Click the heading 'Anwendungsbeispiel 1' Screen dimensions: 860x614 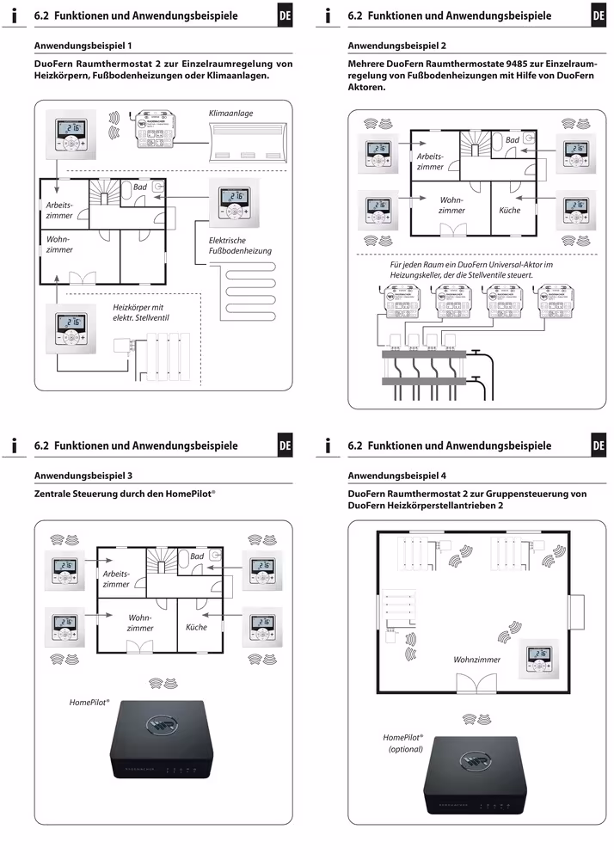[x=83, y=45]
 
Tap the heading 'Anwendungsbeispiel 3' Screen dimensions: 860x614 [x=83, y=475]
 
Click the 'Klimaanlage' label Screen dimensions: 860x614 [x=230, y=113]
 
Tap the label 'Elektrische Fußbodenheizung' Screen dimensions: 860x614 [x=240, y=245]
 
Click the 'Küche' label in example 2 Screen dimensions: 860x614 [x=510, y=210]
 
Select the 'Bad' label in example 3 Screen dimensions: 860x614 [x=197, y=556]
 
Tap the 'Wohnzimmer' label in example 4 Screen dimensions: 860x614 [x=477, y=660]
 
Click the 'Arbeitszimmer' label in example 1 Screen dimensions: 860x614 [x=59, y=210]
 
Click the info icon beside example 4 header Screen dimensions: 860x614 [x=329, y=445]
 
